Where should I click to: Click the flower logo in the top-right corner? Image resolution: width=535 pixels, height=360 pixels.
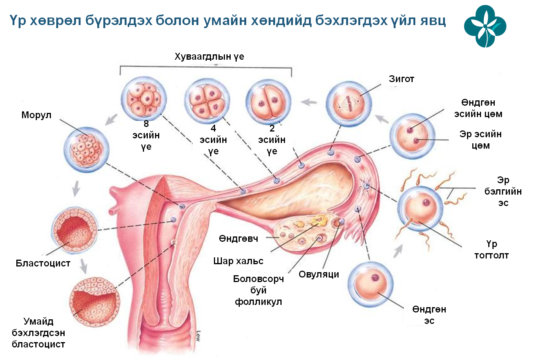[485, 26]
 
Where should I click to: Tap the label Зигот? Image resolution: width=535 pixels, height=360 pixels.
[401, 79]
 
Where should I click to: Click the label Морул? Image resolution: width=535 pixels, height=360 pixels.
[36, 115]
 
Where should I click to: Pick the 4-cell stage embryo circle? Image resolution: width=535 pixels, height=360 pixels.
[207, 101]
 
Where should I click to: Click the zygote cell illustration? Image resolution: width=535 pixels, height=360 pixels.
[348, 103]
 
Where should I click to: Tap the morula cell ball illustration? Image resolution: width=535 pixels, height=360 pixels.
[86, 149]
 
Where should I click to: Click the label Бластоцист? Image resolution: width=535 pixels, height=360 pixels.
[43, 263]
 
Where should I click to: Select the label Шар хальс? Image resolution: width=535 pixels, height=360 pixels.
[238, 261]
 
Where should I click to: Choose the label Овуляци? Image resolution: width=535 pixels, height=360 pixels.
[319, 274]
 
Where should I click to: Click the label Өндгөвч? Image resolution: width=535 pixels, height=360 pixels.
[238, 238]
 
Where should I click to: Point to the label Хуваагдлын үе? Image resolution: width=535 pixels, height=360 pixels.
[209, 57]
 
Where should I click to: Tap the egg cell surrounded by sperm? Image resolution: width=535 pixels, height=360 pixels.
[420, 208]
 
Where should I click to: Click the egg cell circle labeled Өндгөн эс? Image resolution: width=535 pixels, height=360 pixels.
[370, 284]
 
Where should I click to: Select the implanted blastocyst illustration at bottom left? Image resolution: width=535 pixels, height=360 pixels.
[94, 301]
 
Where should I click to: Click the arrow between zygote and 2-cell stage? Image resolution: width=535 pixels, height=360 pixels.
[309, 102]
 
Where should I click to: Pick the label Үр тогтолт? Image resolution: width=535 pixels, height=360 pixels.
[491, 249]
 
